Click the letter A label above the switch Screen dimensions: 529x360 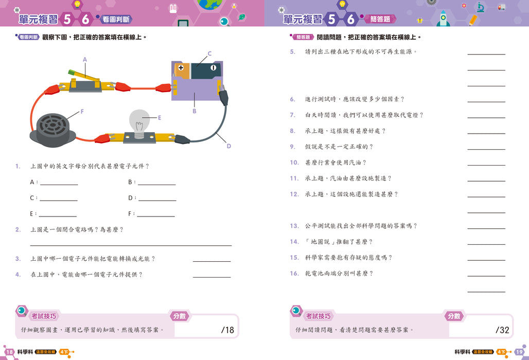point(85,60)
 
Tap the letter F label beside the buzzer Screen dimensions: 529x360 point(82,112)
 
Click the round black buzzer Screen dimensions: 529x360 point(52,130)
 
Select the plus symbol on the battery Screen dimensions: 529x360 point(181,67)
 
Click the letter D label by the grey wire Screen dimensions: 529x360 point(229,146)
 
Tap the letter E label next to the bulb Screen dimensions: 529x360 point(160,118)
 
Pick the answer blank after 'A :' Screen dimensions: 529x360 point(59,185)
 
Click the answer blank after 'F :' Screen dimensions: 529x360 point(156,216)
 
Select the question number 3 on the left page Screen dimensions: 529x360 point(18,259)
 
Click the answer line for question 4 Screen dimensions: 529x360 point(212,277)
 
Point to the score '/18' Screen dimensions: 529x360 point(227,330)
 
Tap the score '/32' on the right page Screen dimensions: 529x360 point(502,330)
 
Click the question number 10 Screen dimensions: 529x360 point(294,163)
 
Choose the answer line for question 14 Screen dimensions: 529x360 point(486,244)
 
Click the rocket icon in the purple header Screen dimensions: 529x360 point(443,18)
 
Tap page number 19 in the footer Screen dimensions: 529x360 point(519,352)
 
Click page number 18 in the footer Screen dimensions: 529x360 point(9,352)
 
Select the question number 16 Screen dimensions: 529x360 point(294,274)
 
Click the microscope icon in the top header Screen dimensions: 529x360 point(481,7)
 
